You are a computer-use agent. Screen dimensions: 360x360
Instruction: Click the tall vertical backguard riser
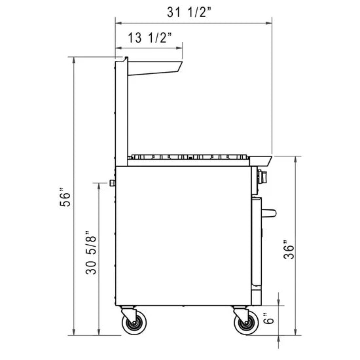120,111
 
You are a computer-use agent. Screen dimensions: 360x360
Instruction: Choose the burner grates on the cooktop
190,156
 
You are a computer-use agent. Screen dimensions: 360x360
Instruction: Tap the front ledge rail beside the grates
261,159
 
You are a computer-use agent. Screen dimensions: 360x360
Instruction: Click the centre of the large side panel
183,236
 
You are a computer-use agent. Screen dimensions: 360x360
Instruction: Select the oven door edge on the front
256,242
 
